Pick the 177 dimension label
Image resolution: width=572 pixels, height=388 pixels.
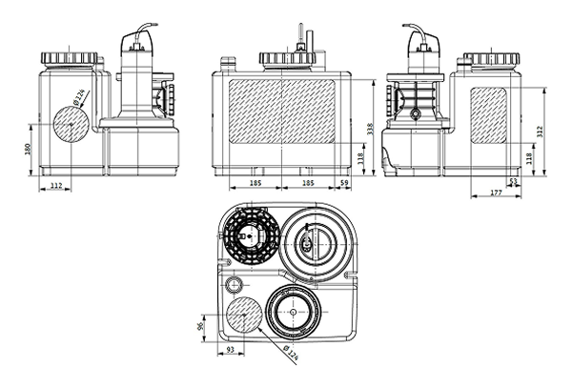click(495, 194)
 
